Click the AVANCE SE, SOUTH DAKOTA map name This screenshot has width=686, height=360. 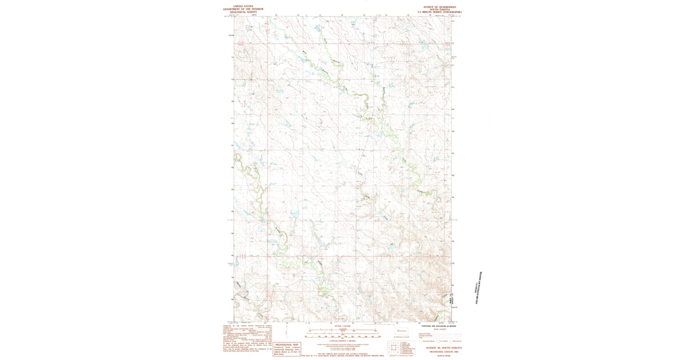(x=440, y=347)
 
